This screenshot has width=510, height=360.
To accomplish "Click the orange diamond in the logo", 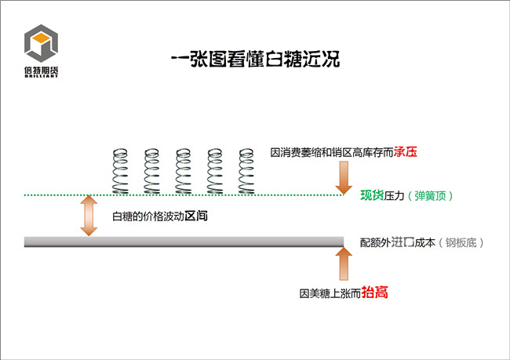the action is [x=41, y=38].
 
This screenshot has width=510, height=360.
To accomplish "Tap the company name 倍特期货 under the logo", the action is [x=42, y=70].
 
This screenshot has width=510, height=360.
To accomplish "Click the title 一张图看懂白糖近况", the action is [x=256, y=59].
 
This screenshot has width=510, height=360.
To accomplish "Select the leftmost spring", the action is [x=120, y=171].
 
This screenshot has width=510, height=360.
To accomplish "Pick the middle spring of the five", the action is [x=184, y=171].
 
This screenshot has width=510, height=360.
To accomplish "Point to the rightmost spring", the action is [x=246, y=171].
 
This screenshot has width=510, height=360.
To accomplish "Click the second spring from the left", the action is [x=152, y=171].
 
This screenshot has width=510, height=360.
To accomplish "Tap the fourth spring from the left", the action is [x=215, y=171].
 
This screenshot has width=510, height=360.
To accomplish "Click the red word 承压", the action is [x=406, y=152].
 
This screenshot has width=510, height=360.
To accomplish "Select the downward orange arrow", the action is [x=344, y=178].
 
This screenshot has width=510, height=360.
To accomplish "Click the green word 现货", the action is [x=372, y=195].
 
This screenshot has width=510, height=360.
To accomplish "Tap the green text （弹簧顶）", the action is [x=430, y=196].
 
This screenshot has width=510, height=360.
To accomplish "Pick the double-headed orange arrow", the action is [x=89, y=216].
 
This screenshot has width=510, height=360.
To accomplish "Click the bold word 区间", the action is [x=196, y=216].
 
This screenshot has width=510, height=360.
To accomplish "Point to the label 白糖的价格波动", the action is [x=148, y=216].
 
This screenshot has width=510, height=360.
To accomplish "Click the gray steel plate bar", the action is [x=184, y=242].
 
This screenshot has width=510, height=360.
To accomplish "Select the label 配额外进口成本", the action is [x=398, y=242].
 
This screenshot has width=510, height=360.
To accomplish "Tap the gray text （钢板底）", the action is [x=461, y=242].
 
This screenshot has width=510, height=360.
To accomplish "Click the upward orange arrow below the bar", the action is [x=344, y=264].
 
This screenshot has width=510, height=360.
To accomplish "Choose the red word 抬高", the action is [x=375, y=293].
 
